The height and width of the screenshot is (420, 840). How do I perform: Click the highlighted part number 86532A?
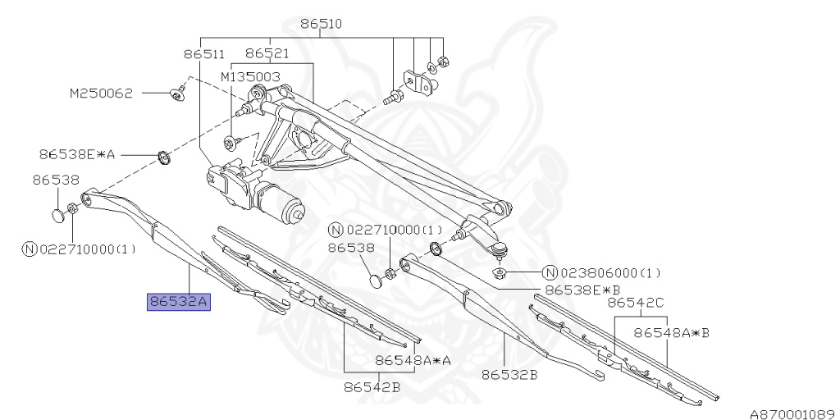pyautogui.click(x=179, y=303)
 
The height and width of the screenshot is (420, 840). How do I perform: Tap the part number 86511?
pyautogui.click(x=203, y=54)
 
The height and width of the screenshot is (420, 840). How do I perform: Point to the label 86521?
pyautogui.click(x=267, y=54)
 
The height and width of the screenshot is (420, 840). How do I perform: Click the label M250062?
pyautogui.click(x=101, y=94)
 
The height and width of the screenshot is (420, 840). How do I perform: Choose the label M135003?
pyautogui.click(x=250, y=76)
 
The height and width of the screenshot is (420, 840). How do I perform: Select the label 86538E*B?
pyautogui.click(x=583, y=290)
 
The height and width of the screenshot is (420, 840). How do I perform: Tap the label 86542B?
pyautogui.click(x=372, y=386)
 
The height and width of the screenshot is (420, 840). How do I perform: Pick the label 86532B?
pyautogui.click(x=509, y=375)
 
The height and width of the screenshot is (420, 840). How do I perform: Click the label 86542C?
pyautogui.click(x=636, y=303)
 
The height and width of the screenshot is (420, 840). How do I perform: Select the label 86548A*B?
pyautogui.click(x=672, y=332)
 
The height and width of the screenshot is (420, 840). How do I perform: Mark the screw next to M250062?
pyautogui.click(x=177, y=94)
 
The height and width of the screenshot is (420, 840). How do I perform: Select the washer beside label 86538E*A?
pyautogui.click(x=164, y=156)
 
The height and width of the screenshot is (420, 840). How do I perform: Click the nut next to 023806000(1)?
pyautogui.click(x=498, y=272)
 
